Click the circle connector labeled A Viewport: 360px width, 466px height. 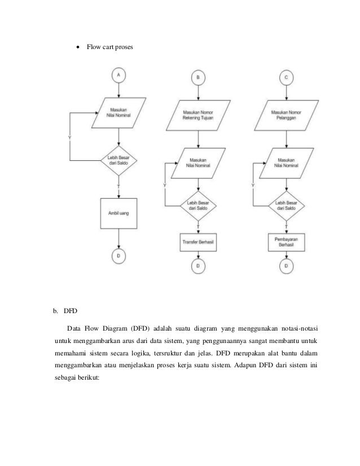tap(118, 74)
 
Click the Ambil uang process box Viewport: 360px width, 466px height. tap(118, 213)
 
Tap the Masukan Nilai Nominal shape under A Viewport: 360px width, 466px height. tap(118, 110)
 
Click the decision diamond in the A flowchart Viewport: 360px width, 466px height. tap(118, 160)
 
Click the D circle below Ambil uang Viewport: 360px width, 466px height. tap(118, 256)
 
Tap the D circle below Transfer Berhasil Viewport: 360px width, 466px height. tap(198, 265)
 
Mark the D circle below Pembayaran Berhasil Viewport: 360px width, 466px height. tap(288, 265)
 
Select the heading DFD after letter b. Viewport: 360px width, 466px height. tap(71, 310)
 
